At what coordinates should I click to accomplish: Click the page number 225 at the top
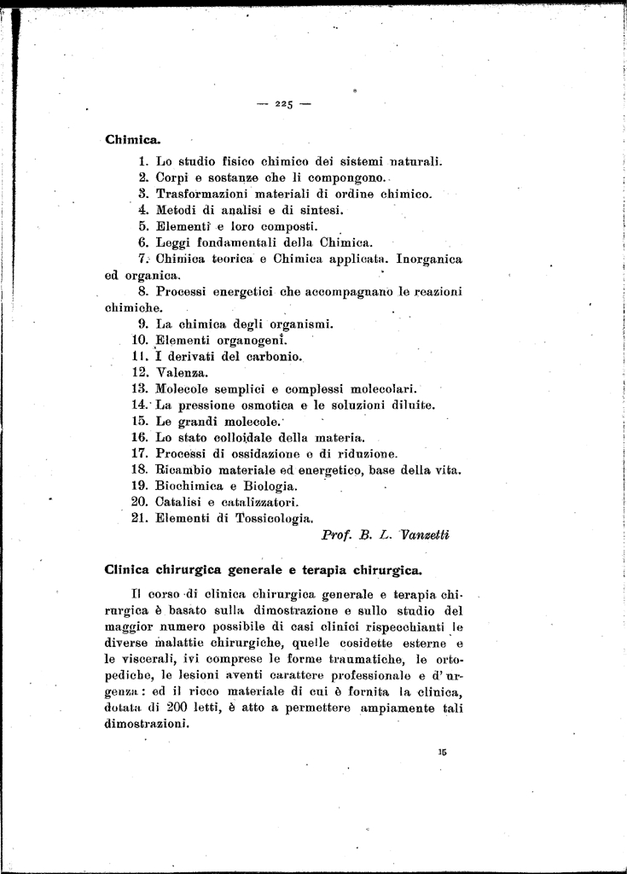(x=284, y=104)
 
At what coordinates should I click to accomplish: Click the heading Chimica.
(x=132, y=139)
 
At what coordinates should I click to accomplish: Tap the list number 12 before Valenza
(x=141, y=372)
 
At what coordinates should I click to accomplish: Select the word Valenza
(x=183, y=372)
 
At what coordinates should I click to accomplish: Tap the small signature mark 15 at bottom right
(x=442, y=753)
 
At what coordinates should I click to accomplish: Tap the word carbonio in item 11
(x=270, y=356)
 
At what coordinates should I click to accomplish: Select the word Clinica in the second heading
(x=130, y=569)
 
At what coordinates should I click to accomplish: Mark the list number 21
(x=141, y=517)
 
